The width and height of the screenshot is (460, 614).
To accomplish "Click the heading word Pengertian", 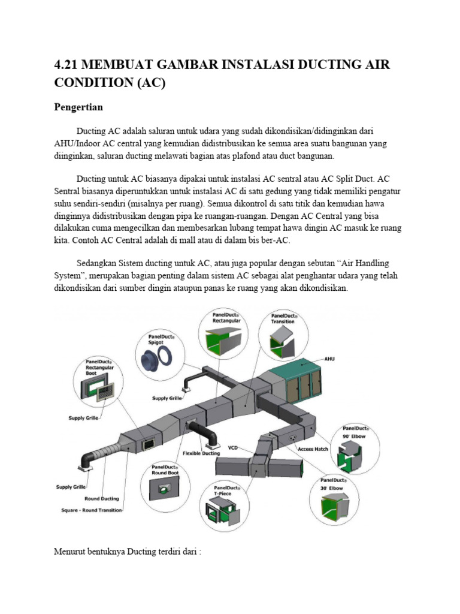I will point(78,108).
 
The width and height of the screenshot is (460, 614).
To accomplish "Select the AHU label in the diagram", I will point(329,359).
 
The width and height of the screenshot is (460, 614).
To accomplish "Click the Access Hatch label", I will point(313,449).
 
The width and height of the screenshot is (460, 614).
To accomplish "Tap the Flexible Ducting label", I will point(201,453).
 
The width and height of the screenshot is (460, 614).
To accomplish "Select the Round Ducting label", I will point(101,498).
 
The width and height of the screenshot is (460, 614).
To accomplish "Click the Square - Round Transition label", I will point(92,510).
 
